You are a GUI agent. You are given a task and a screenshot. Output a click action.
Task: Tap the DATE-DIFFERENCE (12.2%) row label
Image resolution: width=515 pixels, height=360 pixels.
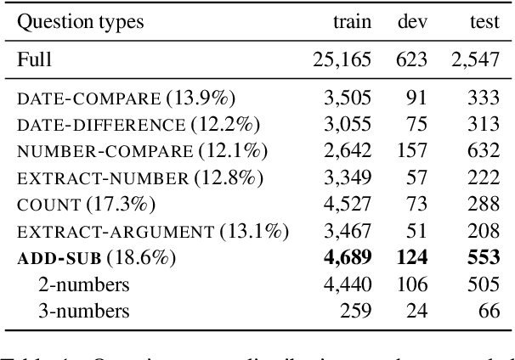pyautogui.click(x=139, y=125)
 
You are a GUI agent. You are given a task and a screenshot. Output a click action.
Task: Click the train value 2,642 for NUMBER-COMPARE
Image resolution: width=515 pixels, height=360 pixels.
pyautogui.click(x=348, y=151)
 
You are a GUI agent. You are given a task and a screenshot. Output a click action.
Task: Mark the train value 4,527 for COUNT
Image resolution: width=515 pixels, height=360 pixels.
pyautogui.click(x=348, y=204)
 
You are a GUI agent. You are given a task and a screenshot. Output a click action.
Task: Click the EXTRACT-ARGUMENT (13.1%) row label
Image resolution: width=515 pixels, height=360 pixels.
pyautogui.click(x=152, y=231)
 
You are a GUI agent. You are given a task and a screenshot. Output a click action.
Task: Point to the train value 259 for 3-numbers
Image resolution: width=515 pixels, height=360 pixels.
pyautogui.click(x=356, y=311)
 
